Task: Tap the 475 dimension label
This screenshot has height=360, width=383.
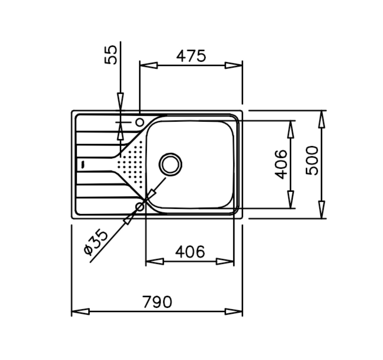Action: (191, 56)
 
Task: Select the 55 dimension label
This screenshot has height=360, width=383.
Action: (111, 55)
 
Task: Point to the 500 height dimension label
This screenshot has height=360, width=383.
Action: (312, 161)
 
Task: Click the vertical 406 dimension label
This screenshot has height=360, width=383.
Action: (281, 165)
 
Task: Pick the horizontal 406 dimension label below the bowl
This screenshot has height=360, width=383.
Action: (190, 251)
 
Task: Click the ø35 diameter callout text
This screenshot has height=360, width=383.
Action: (96, 242)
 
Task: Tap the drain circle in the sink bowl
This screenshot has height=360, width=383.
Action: (170, 165)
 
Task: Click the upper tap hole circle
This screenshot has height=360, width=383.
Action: (140, 122)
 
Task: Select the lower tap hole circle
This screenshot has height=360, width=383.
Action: (140, 207)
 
